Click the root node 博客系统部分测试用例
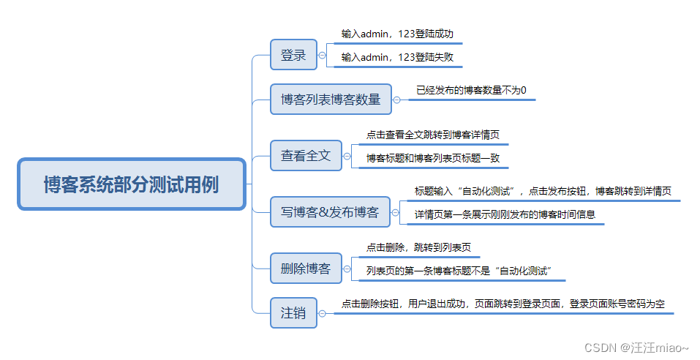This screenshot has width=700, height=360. (131, 184)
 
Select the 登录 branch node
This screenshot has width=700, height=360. (293, 55)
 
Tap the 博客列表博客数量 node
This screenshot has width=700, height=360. (331, 99)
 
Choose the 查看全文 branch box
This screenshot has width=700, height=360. (306, 155)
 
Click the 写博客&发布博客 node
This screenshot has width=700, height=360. (330, 212)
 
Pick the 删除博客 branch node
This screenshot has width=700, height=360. (306, 269)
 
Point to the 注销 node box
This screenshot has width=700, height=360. (293, 312)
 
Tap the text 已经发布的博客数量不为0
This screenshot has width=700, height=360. (471, 90)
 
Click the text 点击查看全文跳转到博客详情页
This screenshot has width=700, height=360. (433, 135)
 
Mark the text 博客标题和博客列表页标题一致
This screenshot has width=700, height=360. (433, 157)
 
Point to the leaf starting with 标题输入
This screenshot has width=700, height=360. (543, 191)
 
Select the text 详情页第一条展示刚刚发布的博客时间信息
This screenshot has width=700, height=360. (505, 214)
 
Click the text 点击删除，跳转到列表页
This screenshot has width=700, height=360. (418, 247)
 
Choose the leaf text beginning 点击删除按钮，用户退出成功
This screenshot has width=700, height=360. (503, 304)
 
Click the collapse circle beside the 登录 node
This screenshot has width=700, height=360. (323, 55)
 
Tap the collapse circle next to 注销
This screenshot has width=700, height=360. (323, 312)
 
